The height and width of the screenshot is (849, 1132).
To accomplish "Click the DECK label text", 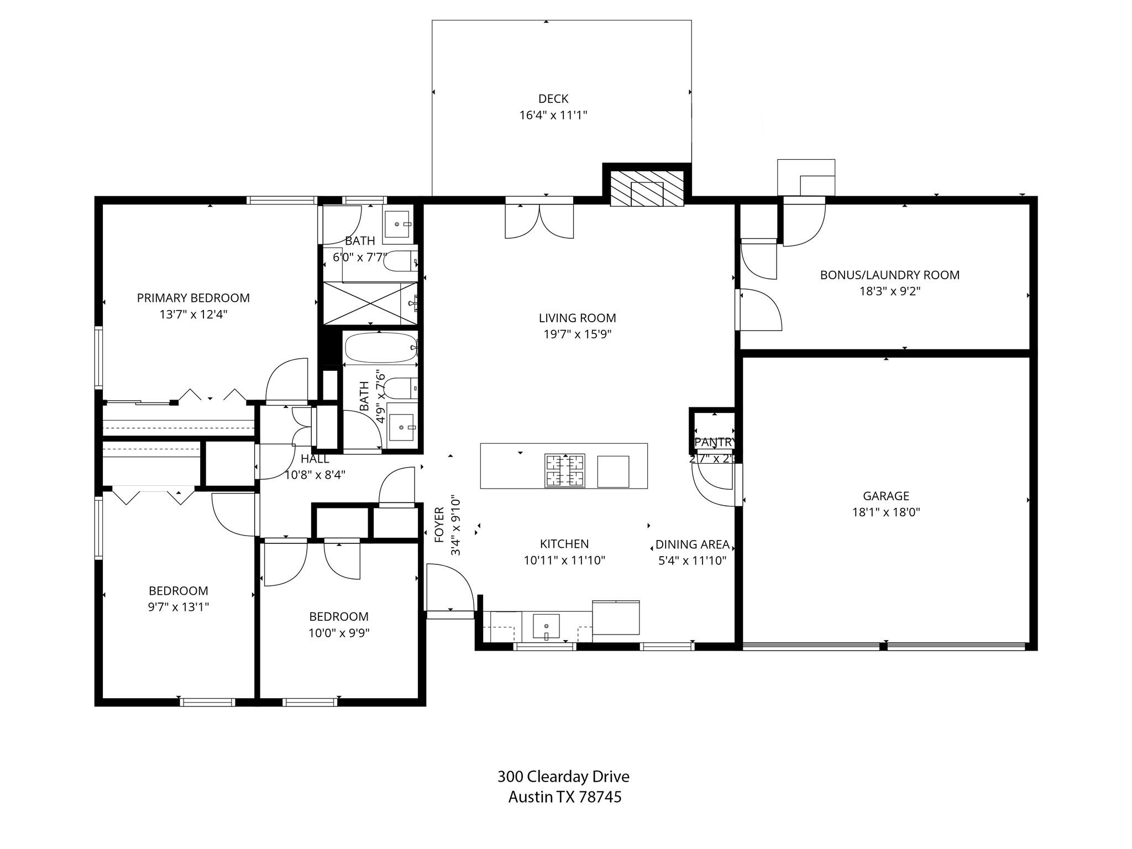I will (553, 99).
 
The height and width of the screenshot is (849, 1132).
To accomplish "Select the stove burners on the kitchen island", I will (564, 470).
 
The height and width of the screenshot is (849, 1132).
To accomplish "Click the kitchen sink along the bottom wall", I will (546, 626).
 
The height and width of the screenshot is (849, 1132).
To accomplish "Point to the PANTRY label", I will (715, 442).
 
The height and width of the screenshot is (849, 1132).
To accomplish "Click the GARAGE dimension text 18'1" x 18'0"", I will (885, 512).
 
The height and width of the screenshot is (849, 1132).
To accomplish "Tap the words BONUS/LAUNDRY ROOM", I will (889, 275).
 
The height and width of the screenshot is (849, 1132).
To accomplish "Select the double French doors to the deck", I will (539, 221).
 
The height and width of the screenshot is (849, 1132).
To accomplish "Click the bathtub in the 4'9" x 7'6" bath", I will (380, 347).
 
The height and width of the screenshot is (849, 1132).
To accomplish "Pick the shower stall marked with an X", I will (369, 303).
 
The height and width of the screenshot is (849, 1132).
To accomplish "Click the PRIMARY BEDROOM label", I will (193, 298).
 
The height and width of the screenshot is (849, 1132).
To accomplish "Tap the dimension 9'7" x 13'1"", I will (178, 607).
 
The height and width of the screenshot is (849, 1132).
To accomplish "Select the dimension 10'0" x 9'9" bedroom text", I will (338, 633).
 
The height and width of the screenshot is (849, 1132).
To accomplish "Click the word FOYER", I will (439, 525).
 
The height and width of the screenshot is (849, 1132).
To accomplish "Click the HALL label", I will (315, 459).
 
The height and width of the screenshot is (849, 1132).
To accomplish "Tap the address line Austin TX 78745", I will (564, 797).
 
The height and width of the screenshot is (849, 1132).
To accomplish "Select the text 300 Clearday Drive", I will (563, 777).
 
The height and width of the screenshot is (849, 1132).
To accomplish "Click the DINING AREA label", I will (692, 544).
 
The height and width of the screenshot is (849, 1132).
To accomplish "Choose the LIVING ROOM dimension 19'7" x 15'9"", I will (577, 334).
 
